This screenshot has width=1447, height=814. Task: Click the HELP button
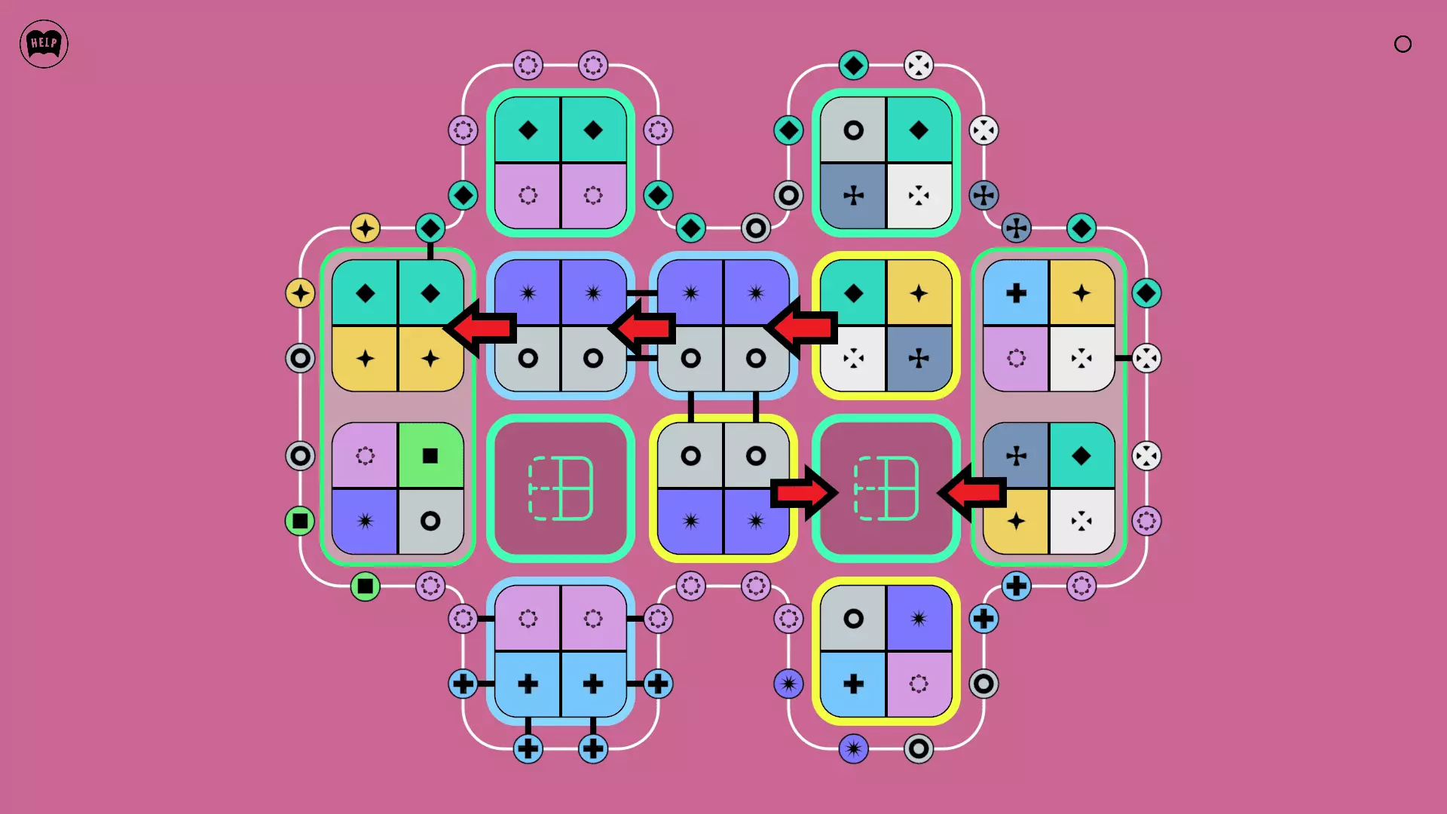pos(44,44)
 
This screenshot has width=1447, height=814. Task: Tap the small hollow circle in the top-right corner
pos(1403,44)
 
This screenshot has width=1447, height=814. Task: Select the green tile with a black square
pos(430,455)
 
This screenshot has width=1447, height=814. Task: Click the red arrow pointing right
pos(803,493)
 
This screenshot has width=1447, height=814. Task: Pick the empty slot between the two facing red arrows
pos(886,488)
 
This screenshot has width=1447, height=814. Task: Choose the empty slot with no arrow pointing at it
pos(560,488)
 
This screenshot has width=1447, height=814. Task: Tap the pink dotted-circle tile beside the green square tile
pos(365,455)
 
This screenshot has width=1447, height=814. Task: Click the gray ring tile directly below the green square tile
pos(430,521)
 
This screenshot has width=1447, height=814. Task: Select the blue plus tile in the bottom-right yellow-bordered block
pos(853,684)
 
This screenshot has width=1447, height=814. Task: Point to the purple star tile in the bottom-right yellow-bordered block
pos(918,619)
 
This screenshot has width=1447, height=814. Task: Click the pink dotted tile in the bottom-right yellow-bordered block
pos(918,684)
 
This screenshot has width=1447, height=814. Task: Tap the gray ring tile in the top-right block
pos(853,130)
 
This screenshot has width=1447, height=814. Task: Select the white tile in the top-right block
pos(918,196)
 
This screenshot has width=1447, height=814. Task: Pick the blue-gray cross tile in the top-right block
pos(853,196)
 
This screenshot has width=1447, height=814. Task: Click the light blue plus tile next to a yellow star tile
pos(1016,293)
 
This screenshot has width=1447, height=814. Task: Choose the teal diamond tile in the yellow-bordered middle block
pos(853,293)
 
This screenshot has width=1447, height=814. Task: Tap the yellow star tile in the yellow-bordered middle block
pos(918,293)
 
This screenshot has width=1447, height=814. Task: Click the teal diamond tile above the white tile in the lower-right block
pos(1081,455)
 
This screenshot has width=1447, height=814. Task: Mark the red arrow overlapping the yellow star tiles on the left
pos(481,328)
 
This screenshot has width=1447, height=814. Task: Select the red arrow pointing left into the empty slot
pos(972,493)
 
